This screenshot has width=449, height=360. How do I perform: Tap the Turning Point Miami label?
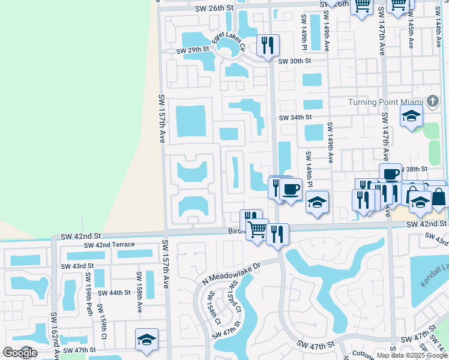click(386, 102)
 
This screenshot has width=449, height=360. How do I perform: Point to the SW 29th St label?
click(192, 51)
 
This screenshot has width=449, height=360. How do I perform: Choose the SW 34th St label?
click(296, 118)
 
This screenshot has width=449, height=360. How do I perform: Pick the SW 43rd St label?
click(77, 266)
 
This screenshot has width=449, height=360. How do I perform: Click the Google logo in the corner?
click(20, 353)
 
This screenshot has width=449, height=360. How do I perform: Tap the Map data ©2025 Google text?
click(411, 355)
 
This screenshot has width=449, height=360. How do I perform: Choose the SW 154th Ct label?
click(211, 308)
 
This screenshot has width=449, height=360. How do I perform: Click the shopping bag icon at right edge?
click(439, 197)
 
